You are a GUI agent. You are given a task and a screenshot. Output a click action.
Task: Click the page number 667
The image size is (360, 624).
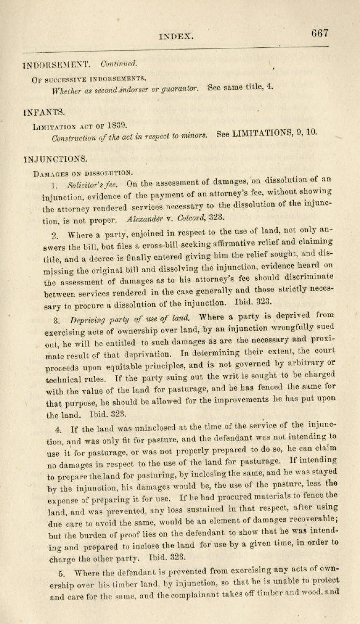tap(320, 33)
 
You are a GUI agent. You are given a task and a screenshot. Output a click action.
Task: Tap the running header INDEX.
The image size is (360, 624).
tap(176, 36)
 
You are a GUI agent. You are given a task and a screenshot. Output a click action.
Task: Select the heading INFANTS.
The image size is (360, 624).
tap(44, 112)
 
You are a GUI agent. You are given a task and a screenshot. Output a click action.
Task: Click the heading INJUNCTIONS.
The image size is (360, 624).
tap(55, 159)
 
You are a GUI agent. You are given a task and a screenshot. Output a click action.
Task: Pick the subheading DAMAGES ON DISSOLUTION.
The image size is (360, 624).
tap(82, 173)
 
